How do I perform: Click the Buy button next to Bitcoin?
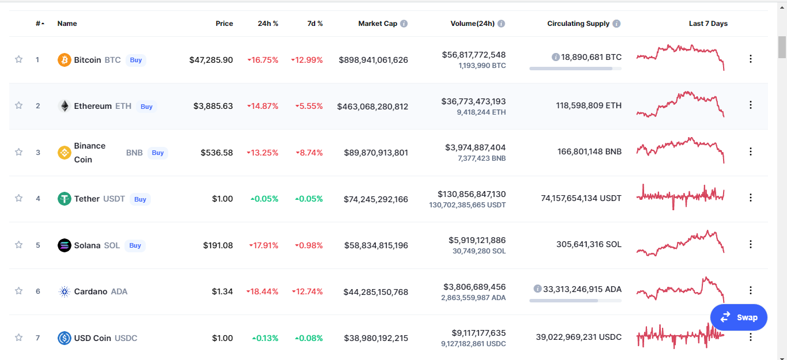pyautogui.click(x=135, y=60)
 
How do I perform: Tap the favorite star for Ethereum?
pyautogui.click(x=18, y=105)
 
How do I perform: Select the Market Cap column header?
pyautogui.click(x=378, y=24)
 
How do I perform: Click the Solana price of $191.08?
pyautogui.click(x=218, y=245)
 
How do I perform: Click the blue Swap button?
pyautogui.click(x=739, y=317)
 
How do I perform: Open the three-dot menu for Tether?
pyautogui.click(x=751, y=198)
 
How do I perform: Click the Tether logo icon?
pyautogui.click(x=65, y=199)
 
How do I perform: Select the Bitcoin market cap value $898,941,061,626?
pyautogui.click(x=373, y=60)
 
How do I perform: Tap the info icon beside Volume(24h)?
pyautogui.click(x=501, y=24)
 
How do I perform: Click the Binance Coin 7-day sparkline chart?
pyautogui.click(x=680, y=150)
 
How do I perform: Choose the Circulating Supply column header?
pyautogui.click(x=578, y=24)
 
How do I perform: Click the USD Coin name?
pyautogui.click(x=92, y=338)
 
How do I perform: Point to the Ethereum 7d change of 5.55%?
pyautogui.click(x=309, y=106)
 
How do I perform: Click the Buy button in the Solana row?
pyautogui.click(x=135, y=245)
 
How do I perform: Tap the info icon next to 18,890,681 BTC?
pyautogui.click(x=555, y=57)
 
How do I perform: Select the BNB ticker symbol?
pyautogui.click(x=134, y=153)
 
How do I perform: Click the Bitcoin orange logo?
pyautogui.click(x=65, y=60)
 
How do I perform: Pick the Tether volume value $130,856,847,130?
pyautogui.click(x=471, y=194)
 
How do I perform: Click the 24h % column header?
pyautogui.click(x=268, y=24)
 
